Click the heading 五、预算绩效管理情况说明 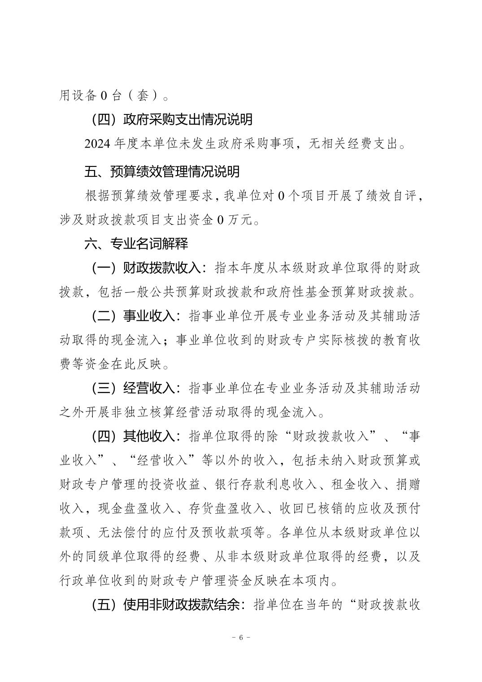coord(162,171)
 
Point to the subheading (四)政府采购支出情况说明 coord(172,119)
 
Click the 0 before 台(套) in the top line coord(103,96)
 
